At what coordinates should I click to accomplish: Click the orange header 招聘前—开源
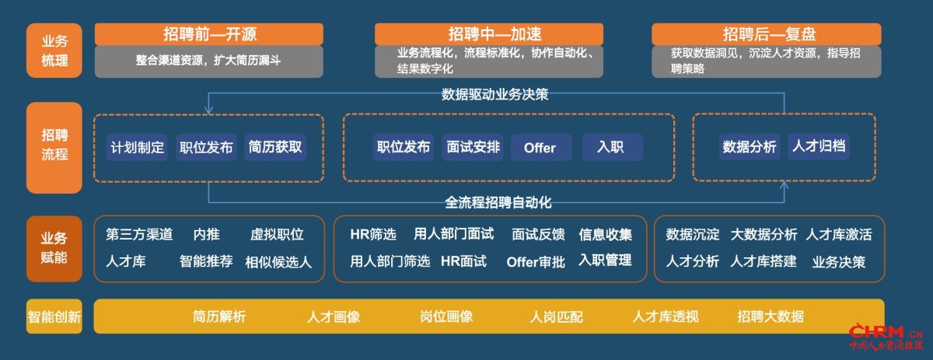click(x=208, y=34)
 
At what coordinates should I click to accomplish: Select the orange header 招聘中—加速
click(x=489, y=34)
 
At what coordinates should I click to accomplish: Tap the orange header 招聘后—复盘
click(x=767, y=34)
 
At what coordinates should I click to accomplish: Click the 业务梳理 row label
click(x=54, y=51)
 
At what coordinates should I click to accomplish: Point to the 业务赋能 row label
click(x=54, y=249)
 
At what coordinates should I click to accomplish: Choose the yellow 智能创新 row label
click(x=54, y=316)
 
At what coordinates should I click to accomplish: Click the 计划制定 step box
click(x=137, y=148)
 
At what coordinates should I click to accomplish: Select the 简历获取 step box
click(x=275, y=147)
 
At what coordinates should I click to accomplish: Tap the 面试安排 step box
click(x=473, y=147)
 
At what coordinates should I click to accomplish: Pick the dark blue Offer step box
click(x=541, y=148)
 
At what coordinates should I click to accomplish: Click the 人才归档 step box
click(x=819, y=146)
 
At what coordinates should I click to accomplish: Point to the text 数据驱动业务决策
click(x=494, y=94)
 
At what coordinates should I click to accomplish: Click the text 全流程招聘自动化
click(x=498, y=202)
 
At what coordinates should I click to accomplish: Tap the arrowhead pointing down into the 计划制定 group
click(x=208, y=110)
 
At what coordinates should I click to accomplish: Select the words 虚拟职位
click(x=277, y=235)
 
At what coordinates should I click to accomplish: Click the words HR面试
click(x=463, y=261)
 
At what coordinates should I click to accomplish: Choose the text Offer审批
click(x=536, y=262)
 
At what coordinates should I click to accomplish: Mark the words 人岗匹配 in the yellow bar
click(x=557, y=317)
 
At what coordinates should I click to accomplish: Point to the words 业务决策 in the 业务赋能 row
click(x=839, y=262)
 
